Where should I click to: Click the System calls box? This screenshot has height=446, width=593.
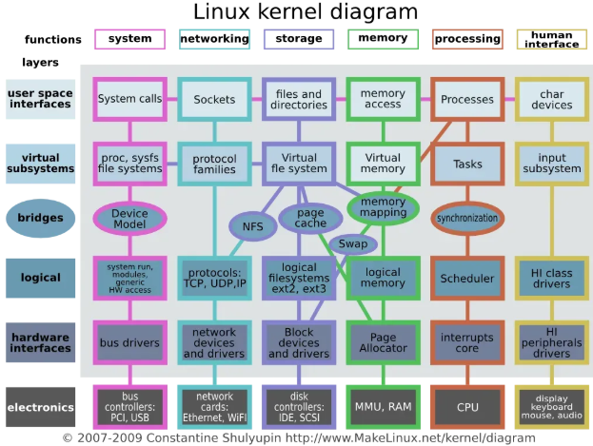pos(129,99)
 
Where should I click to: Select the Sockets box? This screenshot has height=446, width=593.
pos(214,99)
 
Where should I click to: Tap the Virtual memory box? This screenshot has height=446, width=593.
pos(383,163)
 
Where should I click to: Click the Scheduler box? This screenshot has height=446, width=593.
pos(467,279)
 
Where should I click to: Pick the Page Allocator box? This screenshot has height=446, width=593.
pos(383,343)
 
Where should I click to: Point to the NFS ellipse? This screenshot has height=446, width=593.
pos(252,226)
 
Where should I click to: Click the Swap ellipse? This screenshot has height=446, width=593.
pos(353,243)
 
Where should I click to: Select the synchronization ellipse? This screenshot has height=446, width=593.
pos(466,218)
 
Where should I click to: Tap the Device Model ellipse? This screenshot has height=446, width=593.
pos(129,219)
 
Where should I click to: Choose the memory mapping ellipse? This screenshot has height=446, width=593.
pos(383,207)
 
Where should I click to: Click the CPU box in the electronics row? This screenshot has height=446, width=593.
pos(467,407)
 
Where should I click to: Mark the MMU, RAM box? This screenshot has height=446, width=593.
pos(383,407)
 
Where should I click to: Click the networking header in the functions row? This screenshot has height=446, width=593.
pos(214,39)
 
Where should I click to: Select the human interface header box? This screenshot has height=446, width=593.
pos(552,39)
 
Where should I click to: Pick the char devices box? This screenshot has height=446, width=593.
pos(552,99)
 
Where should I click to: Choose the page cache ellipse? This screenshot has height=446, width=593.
pos(311,219)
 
